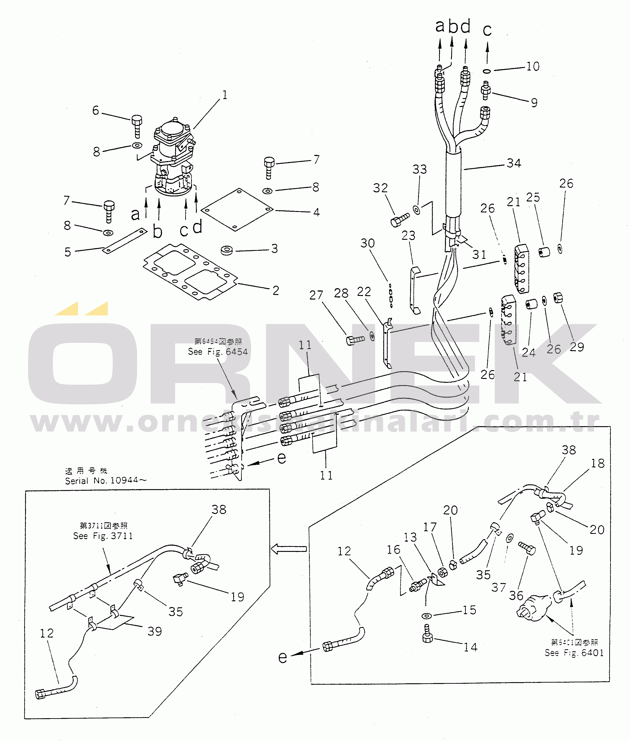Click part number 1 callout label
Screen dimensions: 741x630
point(225,95)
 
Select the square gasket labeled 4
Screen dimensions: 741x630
point(237,210)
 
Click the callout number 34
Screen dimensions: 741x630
point(514,163)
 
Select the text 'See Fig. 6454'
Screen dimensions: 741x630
point(218,352)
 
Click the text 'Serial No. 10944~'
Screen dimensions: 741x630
point(105,480)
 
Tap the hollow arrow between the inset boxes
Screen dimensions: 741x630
point(289,549)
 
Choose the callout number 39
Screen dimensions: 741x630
point(155,631)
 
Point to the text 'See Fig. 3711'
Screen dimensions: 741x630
point(103,536)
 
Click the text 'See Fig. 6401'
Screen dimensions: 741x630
point(574,653)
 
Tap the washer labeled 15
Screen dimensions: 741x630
point(427,616)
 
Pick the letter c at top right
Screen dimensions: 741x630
point(487,30)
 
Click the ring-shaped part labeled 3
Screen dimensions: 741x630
point(227,250)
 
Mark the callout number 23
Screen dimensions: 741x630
point(408,235)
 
